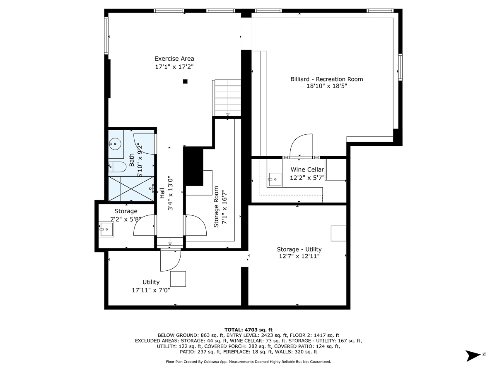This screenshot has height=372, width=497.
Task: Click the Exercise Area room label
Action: (174, 59)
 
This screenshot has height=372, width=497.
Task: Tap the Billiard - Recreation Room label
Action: (326, 79)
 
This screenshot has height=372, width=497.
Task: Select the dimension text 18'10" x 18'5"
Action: (326, 86)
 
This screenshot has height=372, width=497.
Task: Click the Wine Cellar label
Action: (307, 169)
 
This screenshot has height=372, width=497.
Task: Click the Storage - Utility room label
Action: (299, 249)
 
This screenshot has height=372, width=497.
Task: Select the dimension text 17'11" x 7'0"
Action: (151, 290)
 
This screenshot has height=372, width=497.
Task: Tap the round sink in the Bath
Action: (114, 144)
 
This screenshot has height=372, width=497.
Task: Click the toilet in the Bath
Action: (118, 167)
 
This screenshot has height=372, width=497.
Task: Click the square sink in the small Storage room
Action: (107, 229)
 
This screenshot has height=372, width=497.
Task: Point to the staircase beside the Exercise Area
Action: (227, 98)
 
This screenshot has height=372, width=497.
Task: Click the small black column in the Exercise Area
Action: (186, 81)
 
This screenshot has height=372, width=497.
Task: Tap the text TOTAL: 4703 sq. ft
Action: (248, 329)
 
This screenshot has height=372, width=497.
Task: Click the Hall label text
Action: (162, 193)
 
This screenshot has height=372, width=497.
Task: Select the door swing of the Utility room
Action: (170, 260)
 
